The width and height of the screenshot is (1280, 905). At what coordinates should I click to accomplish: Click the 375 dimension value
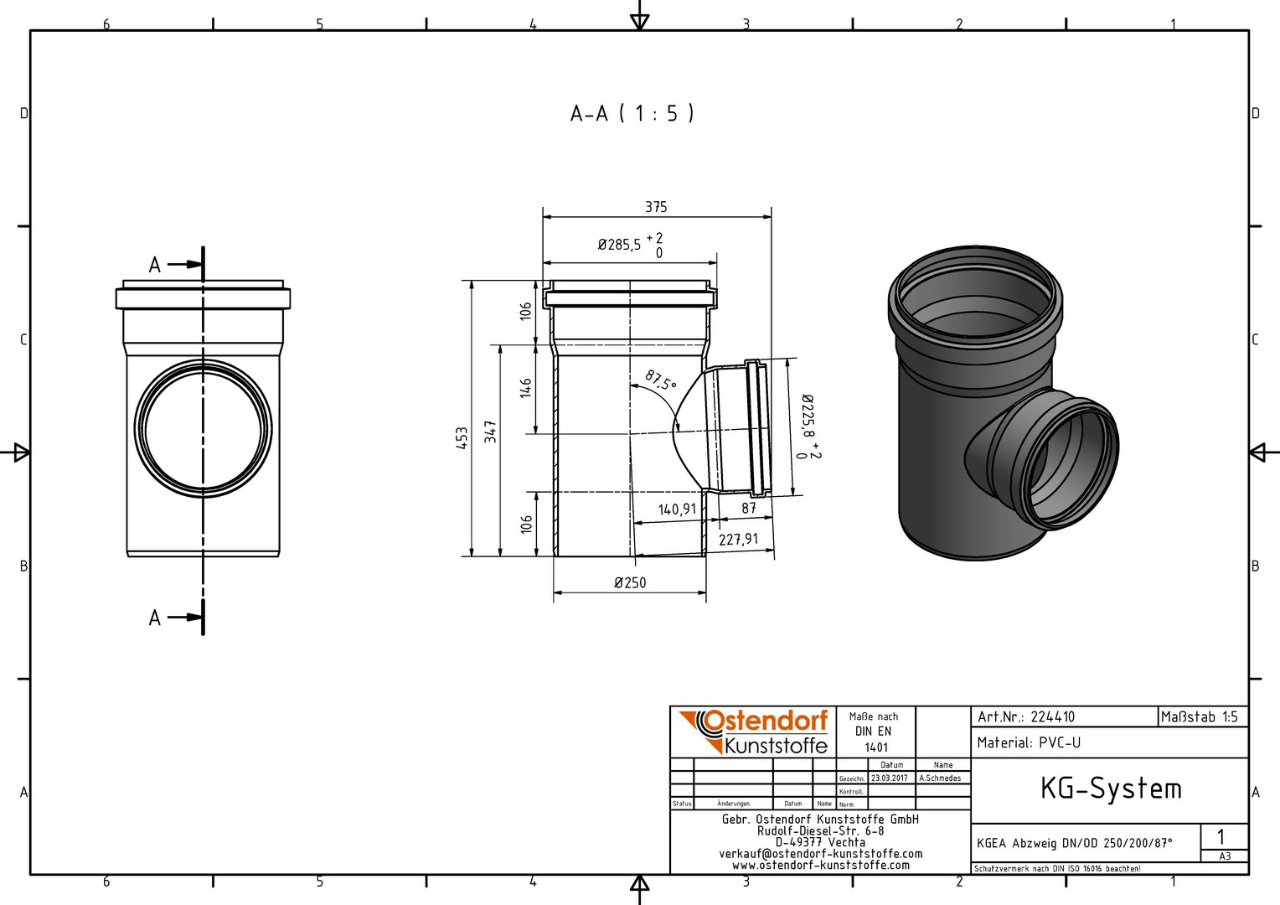(x=656, y=207)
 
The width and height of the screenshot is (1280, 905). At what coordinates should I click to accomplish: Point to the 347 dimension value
(x=490, y=432)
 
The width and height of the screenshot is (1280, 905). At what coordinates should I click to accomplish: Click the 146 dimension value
(x=526, y=388)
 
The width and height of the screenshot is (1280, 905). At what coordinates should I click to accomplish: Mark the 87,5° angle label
(x=661, y=380)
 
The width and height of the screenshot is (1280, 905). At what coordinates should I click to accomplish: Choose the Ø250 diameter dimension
(x=630, y=582)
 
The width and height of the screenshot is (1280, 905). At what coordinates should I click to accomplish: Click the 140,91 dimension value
(x=677, y=509)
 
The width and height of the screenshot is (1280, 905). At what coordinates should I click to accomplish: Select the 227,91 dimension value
(x=738, y=539)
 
